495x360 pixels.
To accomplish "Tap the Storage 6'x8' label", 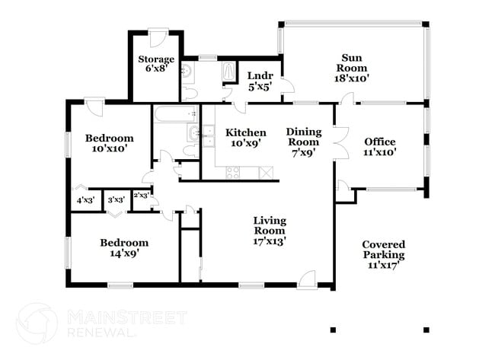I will [156, 64].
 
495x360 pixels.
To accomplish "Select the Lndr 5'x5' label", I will [255, 81].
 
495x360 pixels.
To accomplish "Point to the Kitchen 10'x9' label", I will [246, 138].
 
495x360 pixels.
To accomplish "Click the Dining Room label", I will [303, 142].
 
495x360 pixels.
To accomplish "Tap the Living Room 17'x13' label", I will [270, 231].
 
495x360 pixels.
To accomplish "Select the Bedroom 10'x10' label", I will [109, 144].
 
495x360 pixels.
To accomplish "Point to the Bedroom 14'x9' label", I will [124, 248].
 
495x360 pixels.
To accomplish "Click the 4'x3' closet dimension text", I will [85, 201].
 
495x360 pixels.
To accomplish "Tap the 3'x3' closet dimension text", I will [116, 201].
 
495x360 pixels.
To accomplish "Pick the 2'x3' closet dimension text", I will [141, 196].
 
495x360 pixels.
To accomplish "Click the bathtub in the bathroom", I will [175, 115].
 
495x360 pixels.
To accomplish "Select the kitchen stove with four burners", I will [232, 172].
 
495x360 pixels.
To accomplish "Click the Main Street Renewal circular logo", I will [37, 323].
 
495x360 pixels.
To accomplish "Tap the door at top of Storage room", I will [158, 35].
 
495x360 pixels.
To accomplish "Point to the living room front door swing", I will [307, 279].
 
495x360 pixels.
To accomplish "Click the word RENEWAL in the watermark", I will [103, 332].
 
